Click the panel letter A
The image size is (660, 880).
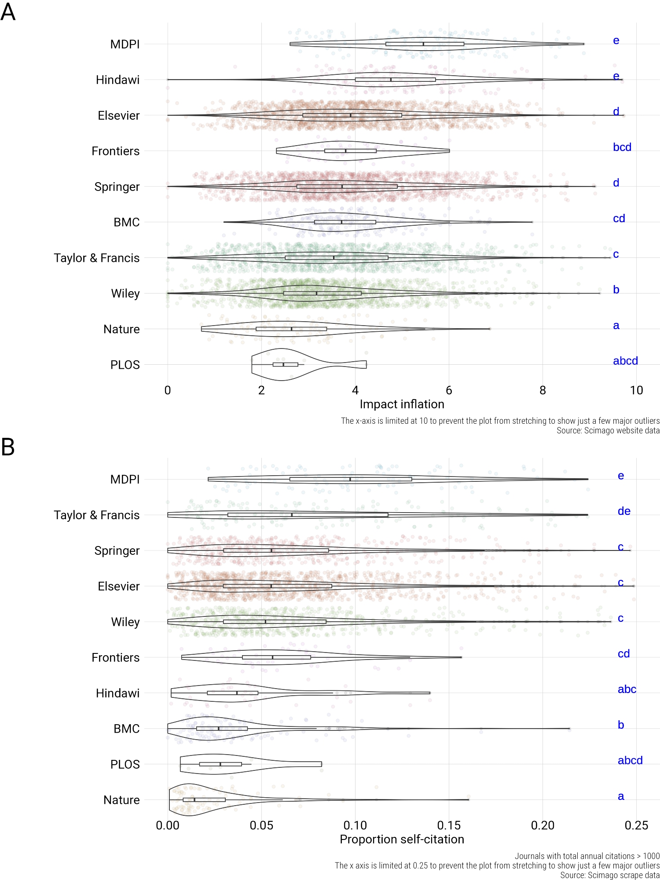pyautogui.click(x=8, y=11)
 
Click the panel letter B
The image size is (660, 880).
pyautogui.click(x=8, y=447)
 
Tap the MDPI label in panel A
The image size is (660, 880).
pyautogui.click(x=125, y=44)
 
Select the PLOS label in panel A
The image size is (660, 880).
pyautogui.click(x=125, y=365)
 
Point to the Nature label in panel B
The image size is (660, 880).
pyautogui.click(x=121, y=800)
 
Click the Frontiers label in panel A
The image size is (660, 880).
pyautogui.click(x=115, y=151)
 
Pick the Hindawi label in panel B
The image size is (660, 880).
pyautogui.click(x=117, y=693)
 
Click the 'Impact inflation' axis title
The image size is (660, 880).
pyautogui.click(x=402, y=404)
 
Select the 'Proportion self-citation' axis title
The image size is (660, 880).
pyautogui.click(x=402, y=839)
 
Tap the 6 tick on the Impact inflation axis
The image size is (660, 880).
pyautogui.click(x=449, y=390)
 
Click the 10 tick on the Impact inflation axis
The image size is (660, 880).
pyautogui.click(x=636, y=390)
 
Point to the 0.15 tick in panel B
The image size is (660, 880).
pyautogui.click(x=449, y=825)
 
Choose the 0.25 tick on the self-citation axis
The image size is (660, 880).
pyautogui.click(x=636, y=825)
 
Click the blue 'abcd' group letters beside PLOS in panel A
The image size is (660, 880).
pyautogui.click(x=625, y=361)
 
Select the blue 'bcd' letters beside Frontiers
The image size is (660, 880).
pyautogui.click(x=622, y=147)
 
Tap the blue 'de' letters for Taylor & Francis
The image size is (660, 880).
pyautogui.click(x=624, y=511)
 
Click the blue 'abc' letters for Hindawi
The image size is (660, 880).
pyautogui.click(x=627, y=689)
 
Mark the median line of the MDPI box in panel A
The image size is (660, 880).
pyautogui.click(x=423, y=44)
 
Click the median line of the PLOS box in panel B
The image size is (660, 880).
pyautogui.click(x=220, y=764)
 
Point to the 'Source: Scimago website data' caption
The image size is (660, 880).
pyautogui.click(x=608, y=430)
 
